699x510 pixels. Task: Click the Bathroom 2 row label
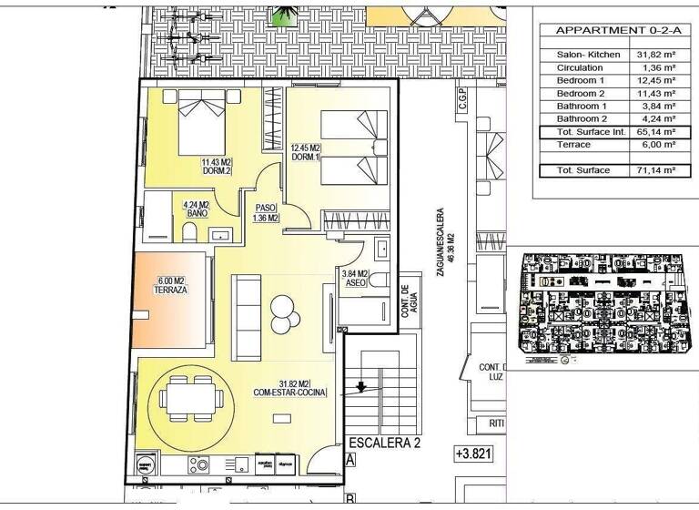click(582, 118)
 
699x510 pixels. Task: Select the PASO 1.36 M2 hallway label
click(266, 212)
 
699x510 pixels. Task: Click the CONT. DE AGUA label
click(405, 301)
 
